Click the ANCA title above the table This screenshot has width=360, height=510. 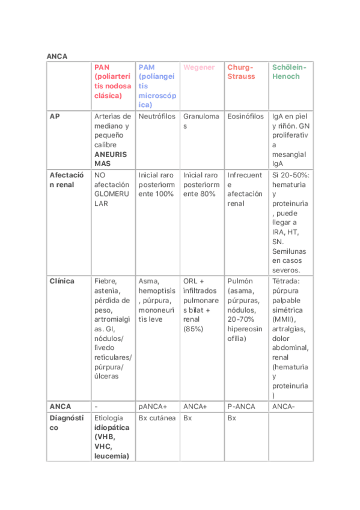pyautogui.click(x=57, y=56)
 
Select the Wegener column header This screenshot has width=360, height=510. pyautogui.click(x=198, y=67)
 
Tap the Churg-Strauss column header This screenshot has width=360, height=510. pyautogui.click(x=240, y=72)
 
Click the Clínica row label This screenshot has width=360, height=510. pyautogui.click(x=62, y=281)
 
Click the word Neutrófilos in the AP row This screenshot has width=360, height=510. pyautogui.click(x=156, y=116)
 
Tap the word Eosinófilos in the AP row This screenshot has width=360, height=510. pyautogui.click(x=245, y=116)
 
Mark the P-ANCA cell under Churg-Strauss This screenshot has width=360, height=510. pyautogui.click(x=241, y=407)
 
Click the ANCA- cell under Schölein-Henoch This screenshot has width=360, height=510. pyautogui.click(x=283, y=407)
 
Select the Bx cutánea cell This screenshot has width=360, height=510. pyautogui.click(x=157, y=417)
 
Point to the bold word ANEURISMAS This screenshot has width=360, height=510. pyautogui.click(x=111, y=159)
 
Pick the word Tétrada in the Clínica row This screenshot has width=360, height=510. pyautogui.click(x=286, y=281)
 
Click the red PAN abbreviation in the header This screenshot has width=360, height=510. pyautogui.click(x=102, y=67)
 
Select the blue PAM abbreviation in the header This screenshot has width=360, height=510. pyautogui.click(x=146, y=67)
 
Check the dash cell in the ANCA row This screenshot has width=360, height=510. pyautogui.click(x=96, y=407)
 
